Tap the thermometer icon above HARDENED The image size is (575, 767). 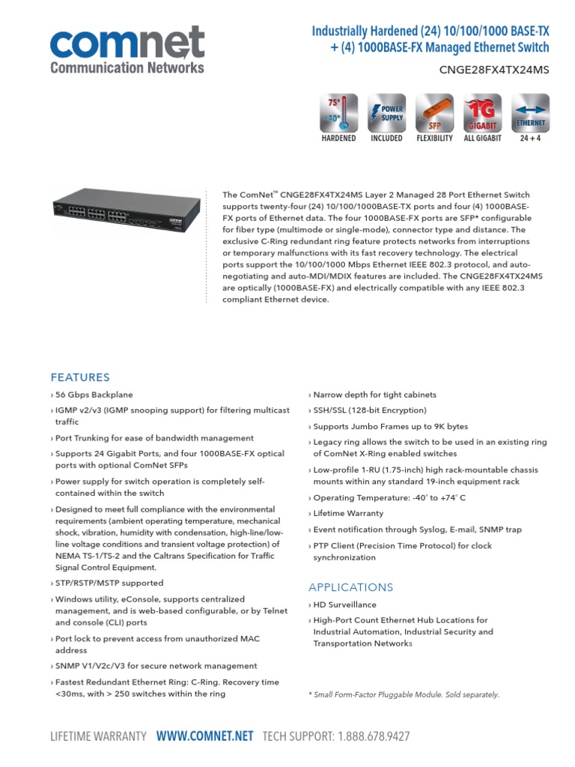click(x=338, y=113)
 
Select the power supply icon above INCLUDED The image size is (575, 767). click(x=386, y=113)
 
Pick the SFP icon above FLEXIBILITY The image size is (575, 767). click(x=434, y=113)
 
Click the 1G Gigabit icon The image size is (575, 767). click(x=482, y=113)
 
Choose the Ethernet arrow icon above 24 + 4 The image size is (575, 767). click(x=530, y=113)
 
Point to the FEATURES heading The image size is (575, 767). click(x=80, y=378)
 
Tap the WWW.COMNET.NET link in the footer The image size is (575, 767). click(x=204, y=736)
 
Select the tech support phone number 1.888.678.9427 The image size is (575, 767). click(x=373, y=736)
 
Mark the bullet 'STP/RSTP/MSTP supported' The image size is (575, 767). click(x=109, y=583)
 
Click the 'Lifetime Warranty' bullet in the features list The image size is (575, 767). click(x=358, y=514)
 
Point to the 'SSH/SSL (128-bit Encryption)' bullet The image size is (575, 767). click(x=369, y=410)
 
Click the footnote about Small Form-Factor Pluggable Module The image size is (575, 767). click(x=404, y=694)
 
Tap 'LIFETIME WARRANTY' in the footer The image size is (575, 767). click(x=98, y=736)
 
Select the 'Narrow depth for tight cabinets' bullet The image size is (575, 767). click(x=374, y=395)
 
